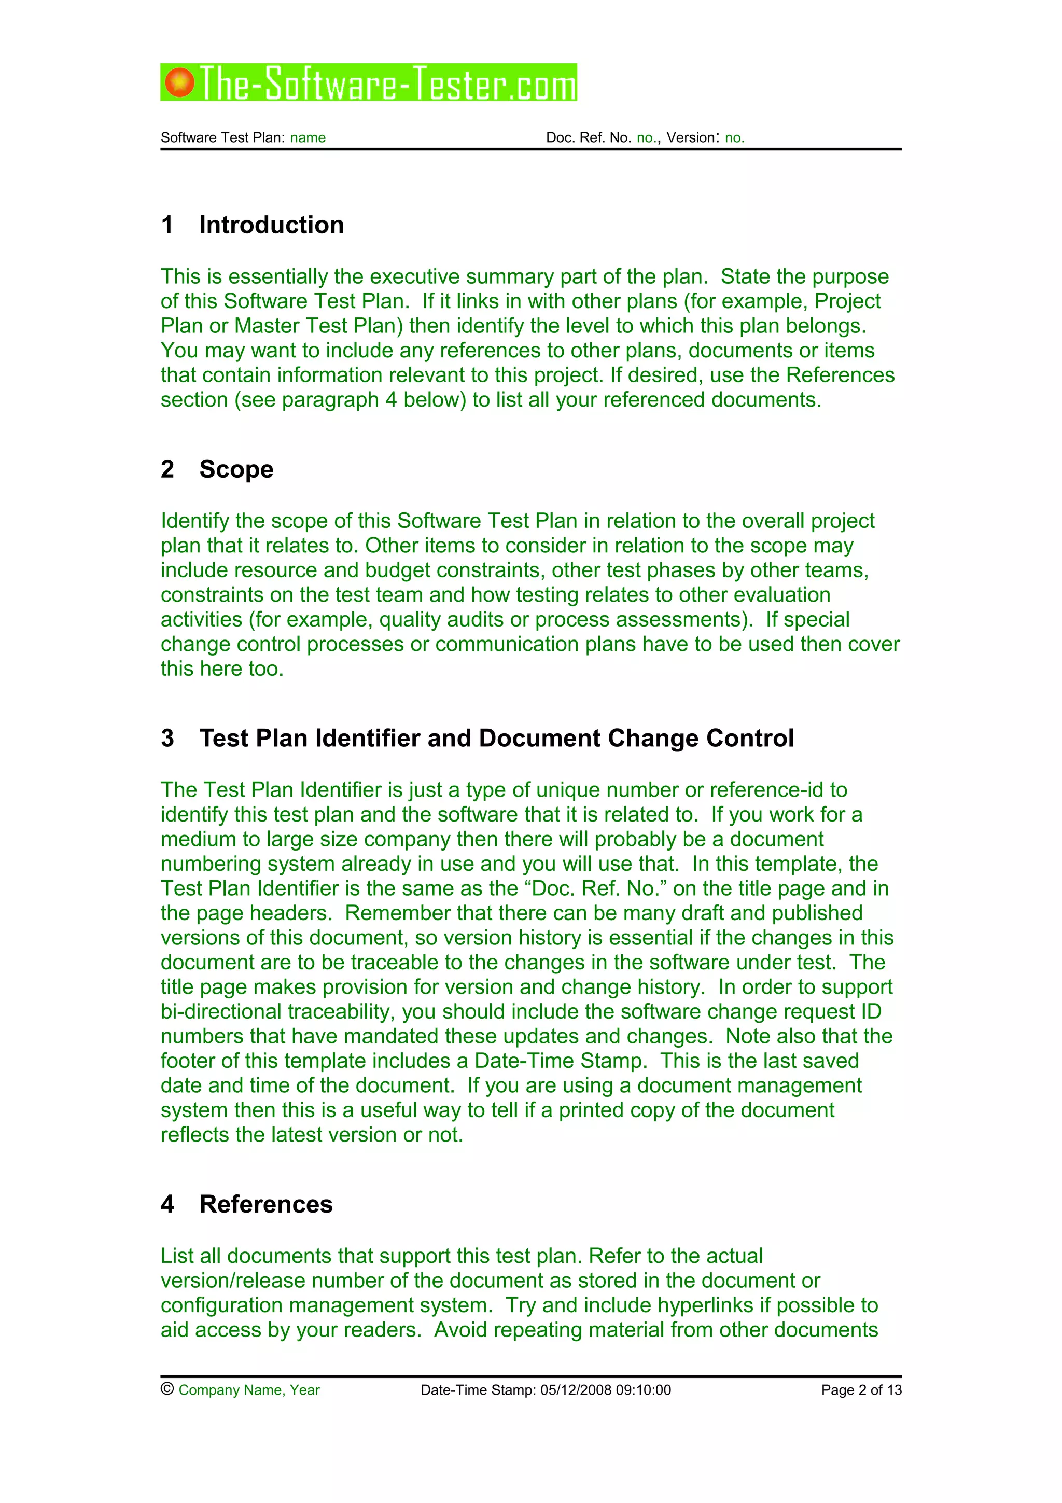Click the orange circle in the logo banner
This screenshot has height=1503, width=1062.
point(179,82)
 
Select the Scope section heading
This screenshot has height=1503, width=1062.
point(236,469)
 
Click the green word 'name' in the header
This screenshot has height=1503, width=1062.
point(308,138)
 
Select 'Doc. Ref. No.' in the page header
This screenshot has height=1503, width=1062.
point(588,138)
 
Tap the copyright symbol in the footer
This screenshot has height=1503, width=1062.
point(167,1389)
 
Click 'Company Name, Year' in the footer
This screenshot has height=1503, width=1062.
point(249,1390)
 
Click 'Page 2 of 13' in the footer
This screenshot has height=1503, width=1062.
point(861,1390)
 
